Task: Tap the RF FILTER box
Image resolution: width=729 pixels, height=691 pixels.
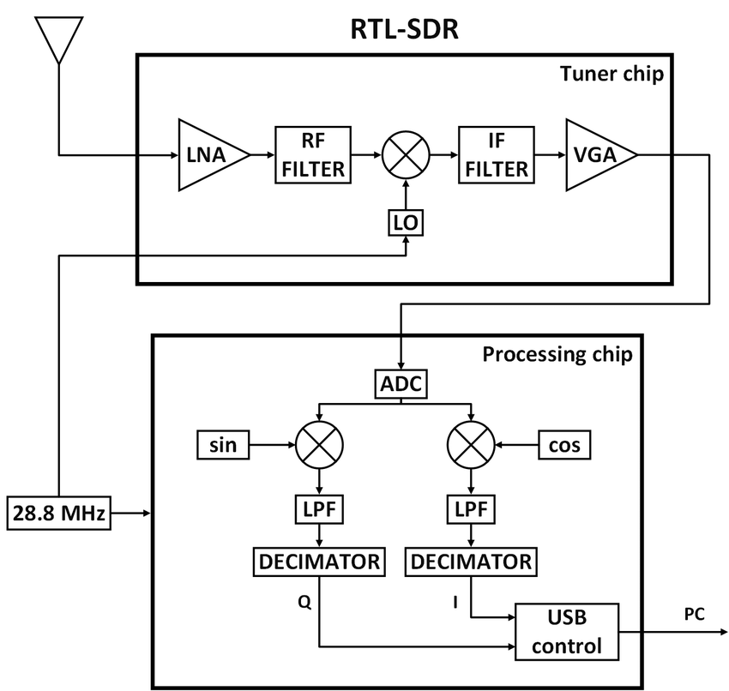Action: tap(313, 155)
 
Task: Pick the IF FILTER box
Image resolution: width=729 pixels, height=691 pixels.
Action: tap(496, 155)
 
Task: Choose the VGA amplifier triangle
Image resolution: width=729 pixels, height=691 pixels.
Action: tap(597, 155)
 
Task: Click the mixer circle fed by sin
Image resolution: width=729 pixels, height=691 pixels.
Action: tap(319, 445)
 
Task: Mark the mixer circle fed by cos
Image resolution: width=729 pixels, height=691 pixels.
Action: tap(471, 445)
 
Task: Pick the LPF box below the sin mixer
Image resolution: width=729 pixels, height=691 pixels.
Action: tap(319, 510)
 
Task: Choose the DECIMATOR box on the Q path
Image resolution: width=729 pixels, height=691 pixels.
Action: tap(319, 562)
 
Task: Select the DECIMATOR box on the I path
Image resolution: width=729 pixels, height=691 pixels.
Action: tap(471, 562)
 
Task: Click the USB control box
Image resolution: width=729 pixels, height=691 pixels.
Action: tap(566, 631)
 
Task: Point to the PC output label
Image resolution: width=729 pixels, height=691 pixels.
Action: tap(695, 614)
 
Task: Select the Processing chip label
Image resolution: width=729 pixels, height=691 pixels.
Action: tap(557, 354)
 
